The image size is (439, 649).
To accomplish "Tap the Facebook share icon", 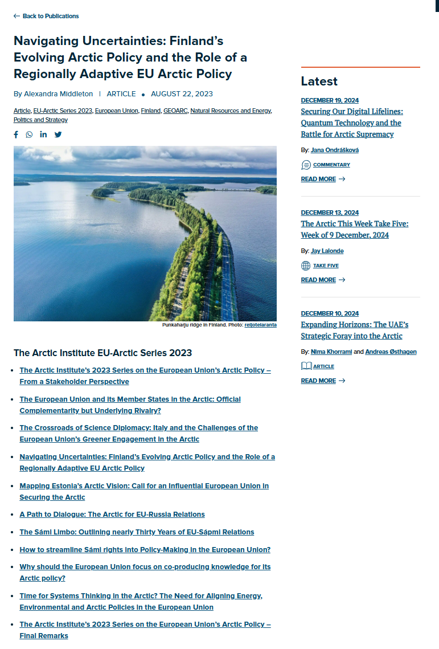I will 16,134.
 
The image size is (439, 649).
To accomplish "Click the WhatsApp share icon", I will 29,134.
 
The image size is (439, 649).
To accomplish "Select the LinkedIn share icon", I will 43,134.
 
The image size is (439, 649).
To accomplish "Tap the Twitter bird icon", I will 58,134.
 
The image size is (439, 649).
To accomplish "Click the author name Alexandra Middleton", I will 57,94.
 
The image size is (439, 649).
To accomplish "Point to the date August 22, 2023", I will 182,94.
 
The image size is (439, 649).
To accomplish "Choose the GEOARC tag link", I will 175,111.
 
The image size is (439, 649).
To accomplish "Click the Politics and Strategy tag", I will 40,120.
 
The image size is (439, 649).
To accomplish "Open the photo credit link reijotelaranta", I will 260,325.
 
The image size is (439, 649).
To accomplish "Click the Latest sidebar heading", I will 319,81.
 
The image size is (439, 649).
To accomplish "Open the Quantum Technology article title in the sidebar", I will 351,123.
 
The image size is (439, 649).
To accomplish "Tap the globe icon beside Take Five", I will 306,266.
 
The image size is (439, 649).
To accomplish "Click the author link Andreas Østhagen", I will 391,352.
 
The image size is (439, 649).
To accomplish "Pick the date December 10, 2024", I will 330,313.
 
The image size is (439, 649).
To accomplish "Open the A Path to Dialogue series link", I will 112,515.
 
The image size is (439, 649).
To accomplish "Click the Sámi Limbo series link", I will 137,532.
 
